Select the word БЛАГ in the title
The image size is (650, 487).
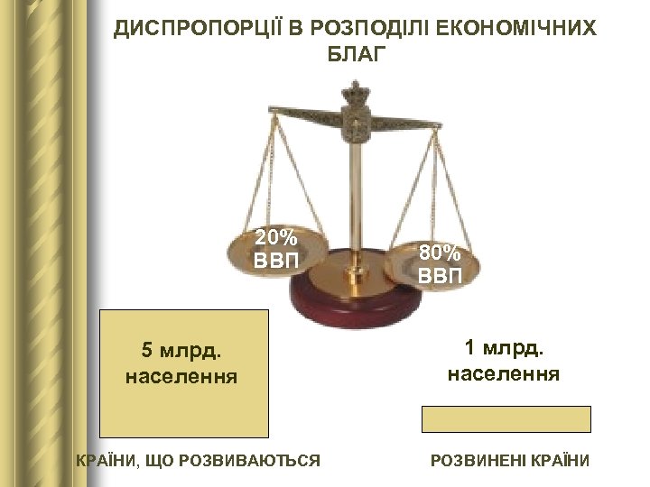[355, 56]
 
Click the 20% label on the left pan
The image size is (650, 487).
[275, 239]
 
